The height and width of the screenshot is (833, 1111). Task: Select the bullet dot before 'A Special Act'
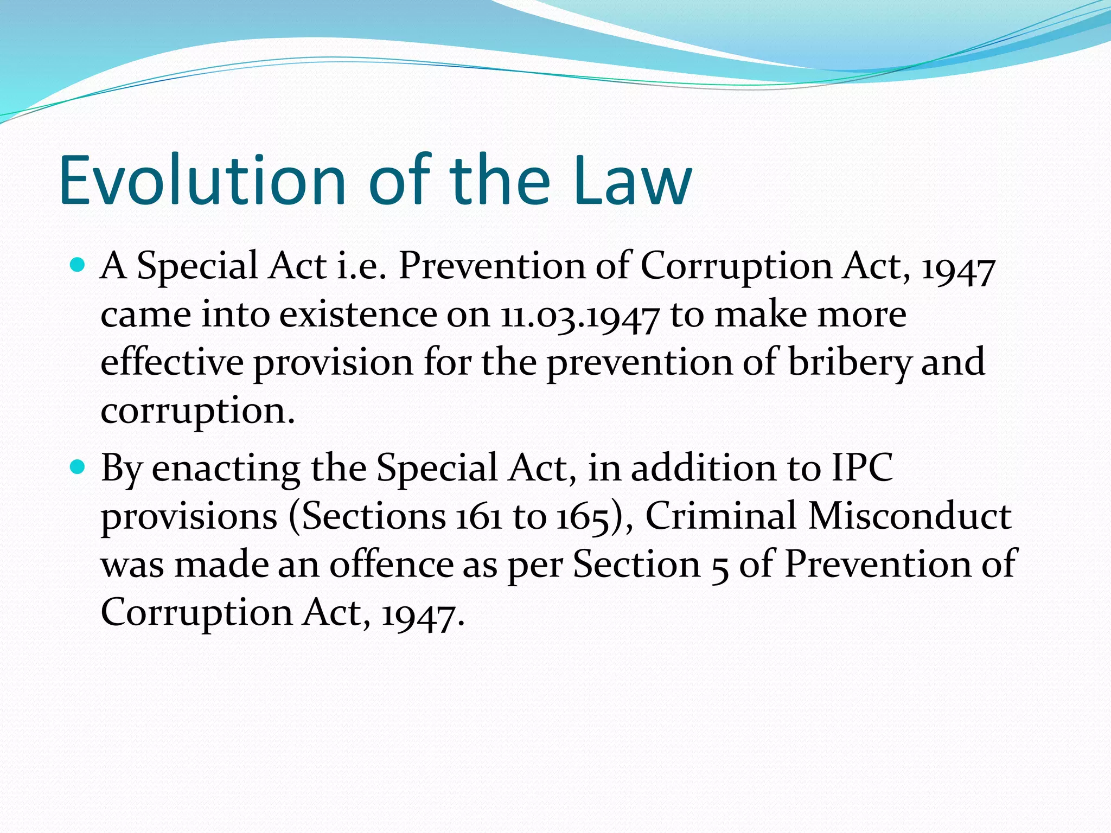(x=78, y=265)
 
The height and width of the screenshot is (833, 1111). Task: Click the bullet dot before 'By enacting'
(x=78, y=466)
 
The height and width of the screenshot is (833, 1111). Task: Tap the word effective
(x=172, y=362)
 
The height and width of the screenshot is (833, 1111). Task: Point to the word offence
(x=391, y=564)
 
